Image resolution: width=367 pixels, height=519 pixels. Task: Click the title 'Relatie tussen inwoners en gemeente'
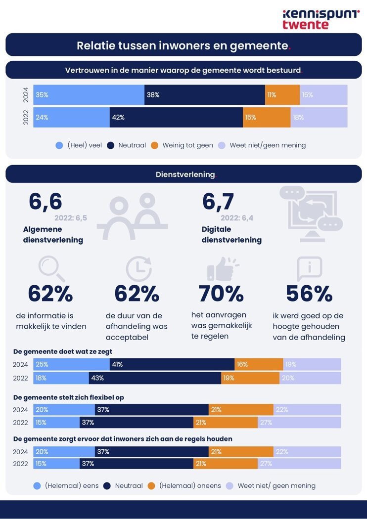[x=183, y=45]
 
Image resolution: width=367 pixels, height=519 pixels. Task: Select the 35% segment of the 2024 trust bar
[x=89, y=95]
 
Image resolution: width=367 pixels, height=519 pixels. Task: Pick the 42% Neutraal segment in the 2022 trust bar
[x=176, y=118]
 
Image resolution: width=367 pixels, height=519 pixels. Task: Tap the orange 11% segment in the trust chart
[x=282, y=95]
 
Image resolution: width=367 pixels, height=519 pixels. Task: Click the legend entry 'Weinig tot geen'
[x=182, y=145]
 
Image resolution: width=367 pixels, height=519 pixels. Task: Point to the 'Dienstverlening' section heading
[x=183, y=174]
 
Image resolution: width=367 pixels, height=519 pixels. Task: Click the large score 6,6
[x=46, y=202]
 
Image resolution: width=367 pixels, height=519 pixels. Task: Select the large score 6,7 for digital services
[x=218, y=202]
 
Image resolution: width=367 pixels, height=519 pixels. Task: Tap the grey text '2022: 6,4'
[x=237, y=218]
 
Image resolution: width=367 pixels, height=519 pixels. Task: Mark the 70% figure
[x=221, y=294]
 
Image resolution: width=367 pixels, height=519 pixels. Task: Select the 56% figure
[x=309, y=294]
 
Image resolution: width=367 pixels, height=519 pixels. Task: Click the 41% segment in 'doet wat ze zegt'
[x=172, y=364]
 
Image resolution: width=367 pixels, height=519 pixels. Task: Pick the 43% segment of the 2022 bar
[x=155, y=378]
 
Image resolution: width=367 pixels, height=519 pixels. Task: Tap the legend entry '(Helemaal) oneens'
[x=184, y=486]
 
